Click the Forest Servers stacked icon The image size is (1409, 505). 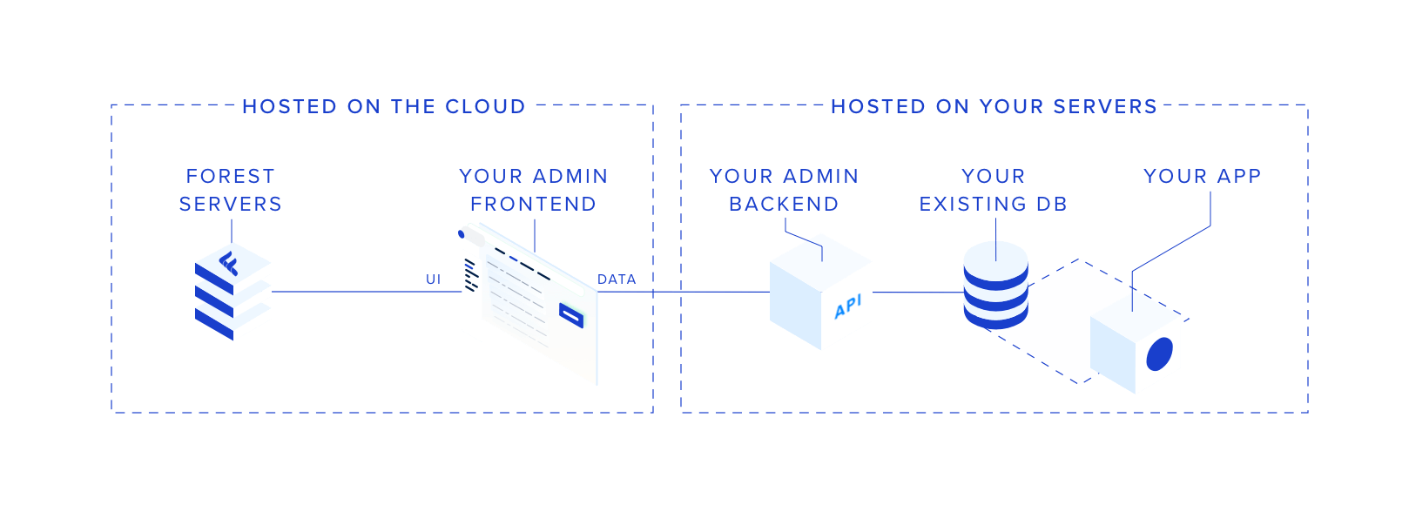click(233, 292)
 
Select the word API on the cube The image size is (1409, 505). click(847, 306)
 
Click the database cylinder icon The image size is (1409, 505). click(995, 285)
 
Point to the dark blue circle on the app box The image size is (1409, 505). click(1160, 354)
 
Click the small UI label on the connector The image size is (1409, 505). click(433, 279)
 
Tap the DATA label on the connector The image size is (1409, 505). click(617, 279)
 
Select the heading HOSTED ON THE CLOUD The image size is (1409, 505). click(384, 106)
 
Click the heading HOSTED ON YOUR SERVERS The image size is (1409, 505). click(994, 106)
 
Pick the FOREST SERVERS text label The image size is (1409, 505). click(231, 190)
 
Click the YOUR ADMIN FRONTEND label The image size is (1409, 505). click(533, 190)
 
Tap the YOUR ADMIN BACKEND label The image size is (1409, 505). click(784, 190)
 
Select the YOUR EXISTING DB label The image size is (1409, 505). click(994, 190)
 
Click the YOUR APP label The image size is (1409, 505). click(1202, 176)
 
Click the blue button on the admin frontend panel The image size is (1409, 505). click(571, 313)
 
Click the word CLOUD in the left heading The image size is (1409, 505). click(485, 106)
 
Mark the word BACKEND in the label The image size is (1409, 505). click(784, 204)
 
